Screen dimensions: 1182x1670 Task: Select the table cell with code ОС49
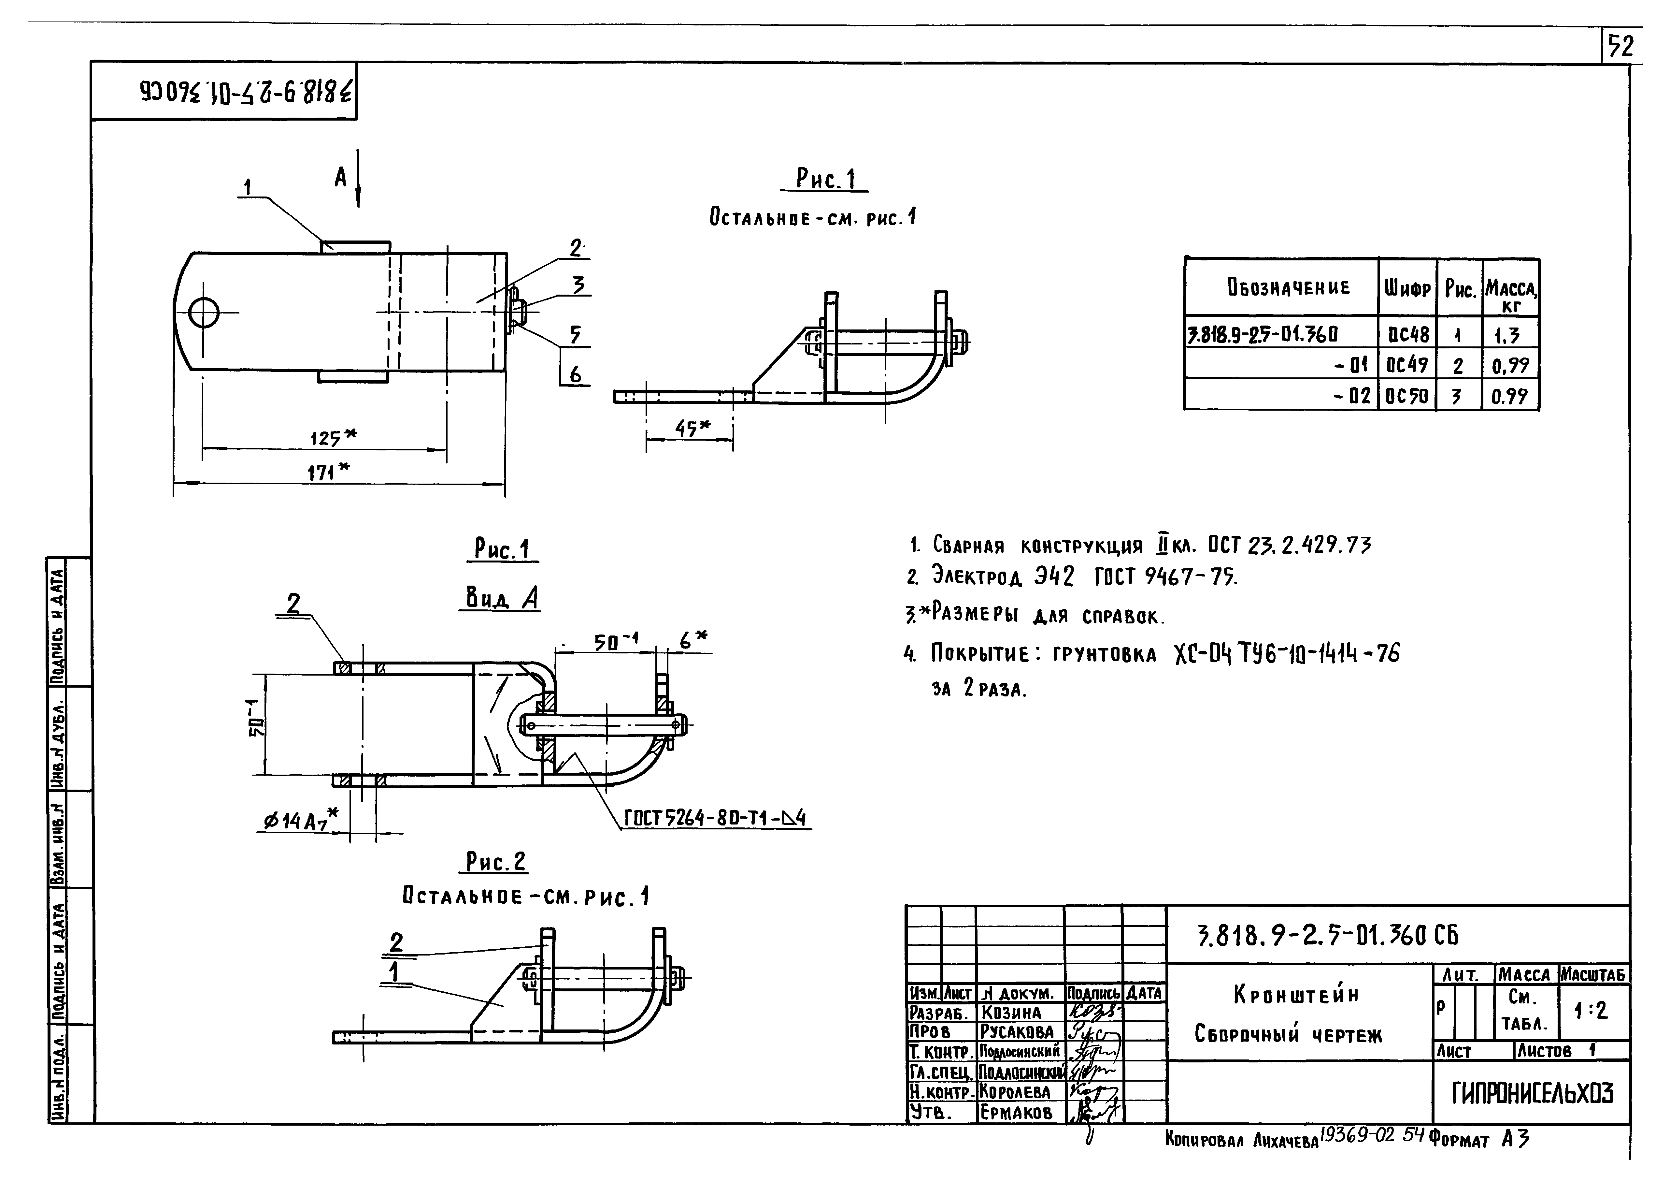1407,364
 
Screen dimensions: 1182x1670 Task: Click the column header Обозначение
1288,287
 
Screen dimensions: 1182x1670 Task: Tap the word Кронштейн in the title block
1295,995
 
